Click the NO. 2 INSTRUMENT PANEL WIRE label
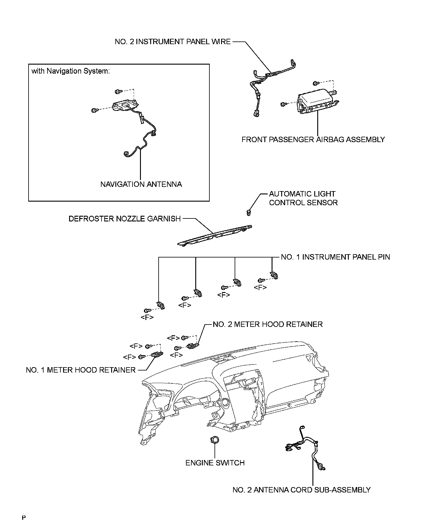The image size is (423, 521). (x=173, y=41)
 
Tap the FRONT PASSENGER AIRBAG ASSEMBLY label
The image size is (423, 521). (x=313, y=139)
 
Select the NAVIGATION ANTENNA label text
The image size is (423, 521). (x=141, y=184)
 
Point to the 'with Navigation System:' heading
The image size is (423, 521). (x=71, y=71)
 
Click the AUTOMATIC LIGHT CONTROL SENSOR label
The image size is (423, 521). (x=303, y=198)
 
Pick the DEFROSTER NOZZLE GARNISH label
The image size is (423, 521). (x=125, y=219)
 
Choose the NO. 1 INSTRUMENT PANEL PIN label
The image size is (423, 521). (x=335, y=257)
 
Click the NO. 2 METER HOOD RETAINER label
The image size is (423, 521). (x=268, y=324)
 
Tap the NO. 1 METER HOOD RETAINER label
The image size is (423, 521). (x=81, y=370)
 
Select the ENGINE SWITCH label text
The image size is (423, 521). (x=215, y=463)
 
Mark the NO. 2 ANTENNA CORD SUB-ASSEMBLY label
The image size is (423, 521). (x=302, y=490)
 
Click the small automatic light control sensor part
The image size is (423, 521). (x=248, y=213)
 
